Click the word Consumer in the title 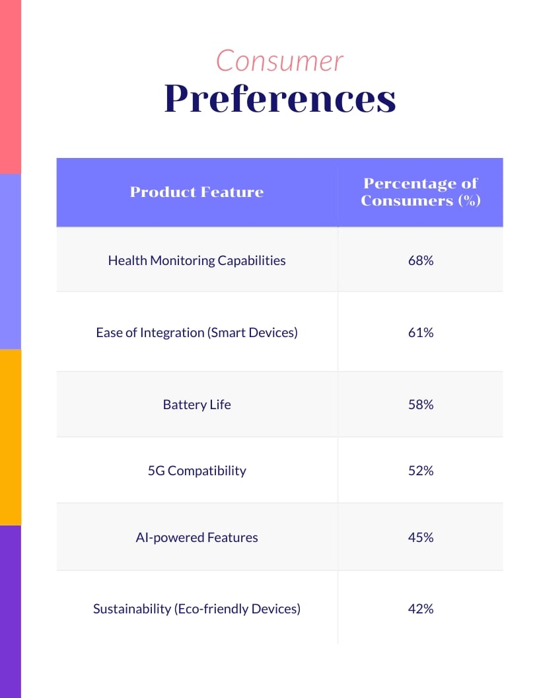279,61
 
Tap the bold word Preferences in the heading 280,99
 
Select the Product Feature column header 197,192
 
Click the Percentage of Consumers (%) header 420,192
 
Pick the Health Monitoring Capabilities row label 197,260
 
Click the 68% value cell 421,260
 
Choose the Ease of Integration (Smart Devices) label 197,332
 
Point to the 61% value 421,332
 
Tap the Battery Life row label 197,405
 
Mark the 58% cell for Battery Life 421,405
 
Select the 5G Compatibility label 197,471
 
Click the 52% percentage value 421,471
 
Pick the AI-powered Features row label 197,537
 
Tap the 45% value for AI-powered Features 421,537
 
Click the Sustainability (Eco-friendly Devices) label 197,609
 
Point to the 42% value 421,609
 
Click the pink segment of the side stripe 11,86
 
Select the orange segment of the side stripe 11,436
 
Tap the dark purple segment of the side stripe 11,611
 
